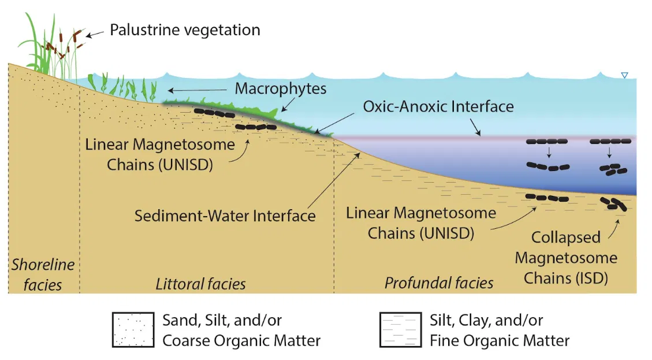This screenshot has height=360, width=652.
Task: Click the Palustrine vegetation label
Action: pos(185,31)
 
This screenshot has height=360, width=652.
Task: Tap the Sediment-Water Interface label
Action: pos(225,216)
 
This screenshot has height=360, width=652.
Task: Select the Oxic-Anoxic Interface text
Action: pos(438,106)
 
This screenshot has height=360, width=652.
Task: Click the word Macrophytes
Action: pos(281,89)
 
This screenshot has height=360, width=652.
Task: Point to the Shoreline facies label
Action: pos(43,274)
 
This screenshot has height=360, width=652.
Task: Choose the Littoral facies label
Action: pos(200,284)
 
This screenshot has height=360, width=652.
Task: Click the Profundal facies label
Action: pos(439,283)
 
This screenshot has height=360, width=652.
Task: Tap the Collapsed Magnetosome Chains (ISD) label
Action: pos(566,258)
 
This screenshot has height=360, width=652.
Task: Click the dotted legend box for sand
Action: pos(133,329)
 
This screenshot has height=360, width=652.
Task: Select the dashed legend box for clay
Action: pos(400,329)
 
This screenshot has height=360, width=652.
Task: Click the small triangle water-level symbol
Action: pos(624,75)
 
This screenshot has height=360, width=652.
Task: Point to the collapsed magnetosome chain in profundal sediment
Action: pos(614,203)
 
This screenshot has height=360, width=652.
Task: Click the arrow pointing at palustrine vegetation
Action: pos(95,34)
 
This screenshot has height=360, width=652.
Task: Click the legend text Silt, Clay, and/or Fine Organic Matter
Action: pos(500,330)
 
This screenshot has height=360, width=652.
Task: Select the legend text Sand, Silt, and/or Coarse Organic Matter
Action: pos(241,330)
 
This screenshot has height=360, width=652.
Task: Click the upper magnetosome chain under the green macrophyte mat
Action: pos(215,113)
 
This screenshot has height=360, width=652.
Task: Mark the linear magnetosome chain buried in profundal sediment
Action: pos(547,197)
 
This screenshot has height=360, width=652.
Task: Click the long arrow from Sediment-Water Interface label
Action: pos(334,180)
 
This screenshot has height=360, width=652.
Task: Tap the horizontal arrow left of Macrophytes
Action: pos(197,90)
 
